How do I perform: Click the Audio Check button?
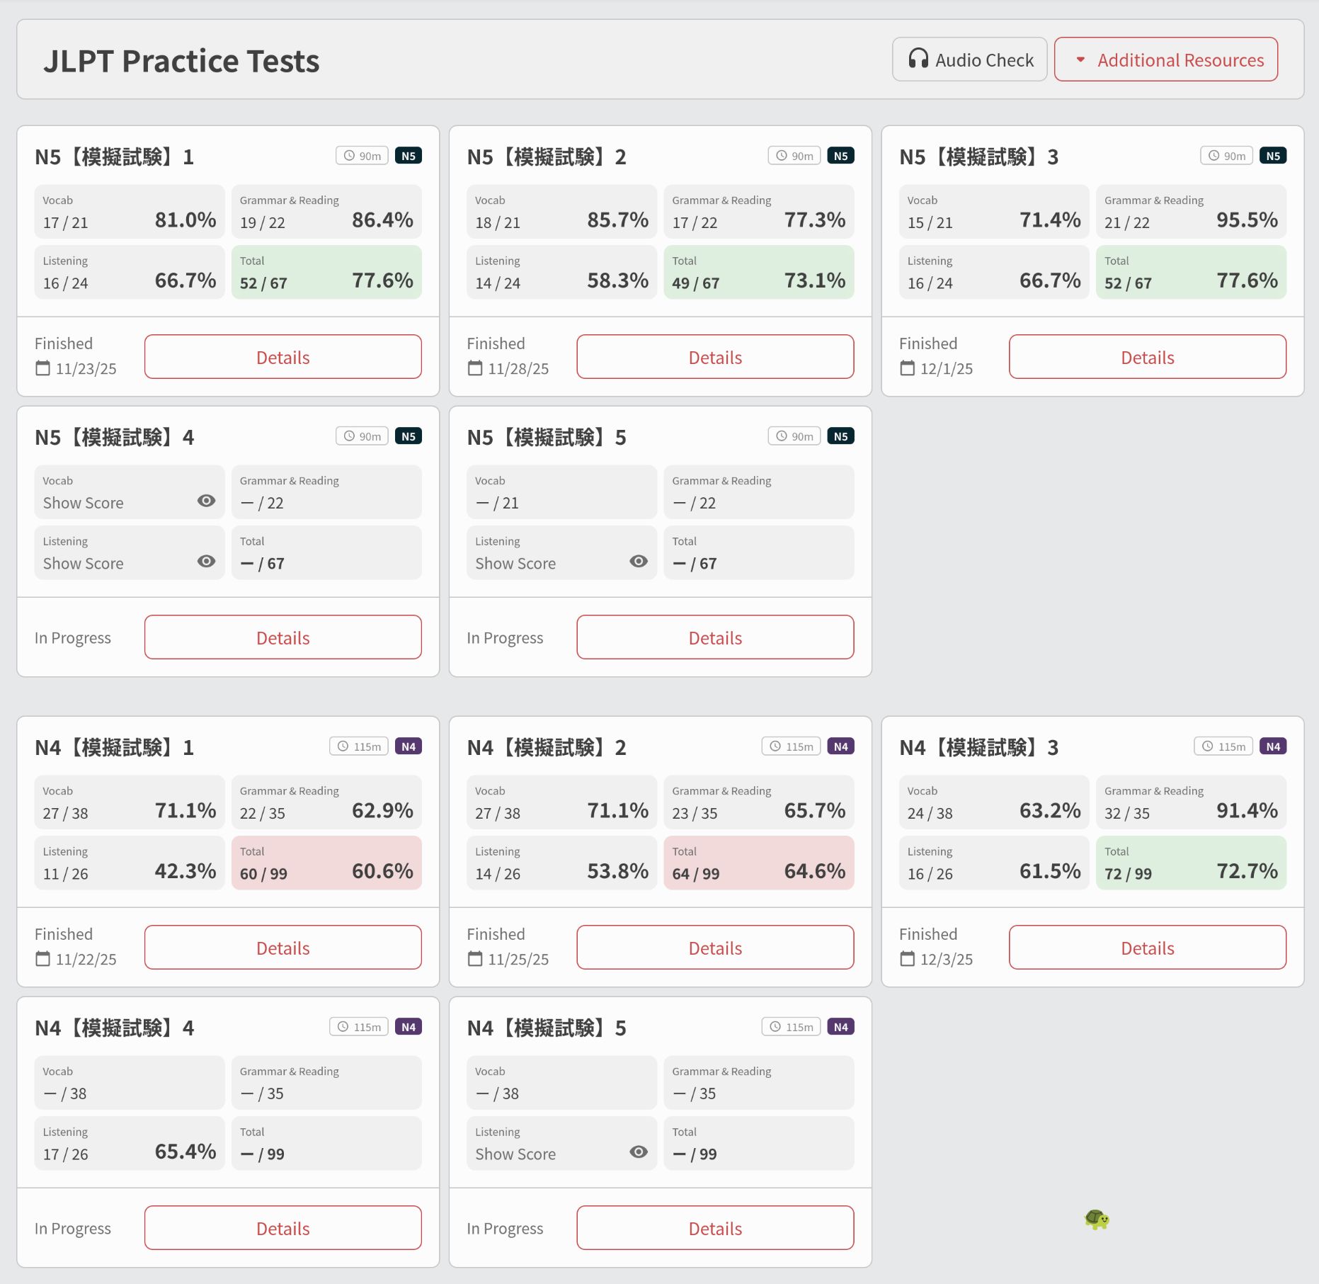coord(969,59)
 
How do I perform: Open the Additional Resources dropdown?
coord(1165,59)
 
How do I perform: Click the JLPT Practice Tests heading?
coord(181,61)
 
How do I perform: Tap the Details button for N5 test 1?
coord(282,357)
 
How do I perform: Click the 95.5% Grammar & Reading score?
coord(1247,220)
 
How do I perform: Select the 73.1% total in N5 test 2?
coord(814,280)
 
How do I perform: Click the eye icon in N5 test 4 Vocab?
coord(206,501)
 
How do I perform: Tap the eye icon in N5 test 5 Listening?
coord(638,562)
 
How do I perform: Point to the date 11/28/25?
coord(518,369)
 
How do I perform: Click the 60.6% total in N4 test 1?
coord(382,871)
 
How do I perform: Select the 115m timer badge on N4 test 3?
coord(1223,746)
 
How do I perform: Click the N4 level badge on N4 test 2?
coord(840,746)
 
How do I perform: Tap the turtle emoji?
coord(1097,1219)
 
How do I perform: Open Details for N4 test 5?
coord(715,1228)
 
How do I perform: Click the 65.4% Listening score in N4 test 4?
coord(185,1152)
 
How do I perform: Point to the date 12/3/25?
coord(946,960)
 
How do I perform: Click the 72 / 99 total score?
coord(1128,874)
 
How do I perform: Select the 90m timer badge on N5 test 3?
coord(1226,156)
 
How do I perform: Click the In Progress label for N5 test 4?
coord(73,638)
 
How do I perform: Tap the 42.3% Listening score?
coord(185,871)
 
